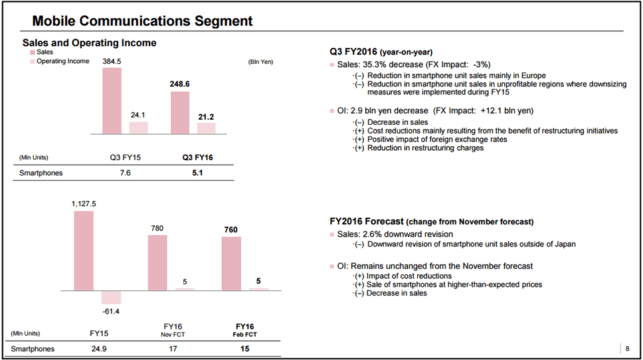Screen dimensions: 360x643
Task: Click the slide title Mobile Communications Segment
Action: [142, 21]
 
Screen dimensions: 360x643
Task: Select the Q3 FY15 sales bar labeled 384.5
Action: [112, 100]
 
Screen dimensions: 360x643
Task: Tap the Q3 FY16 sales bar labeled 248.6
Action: [180, 113]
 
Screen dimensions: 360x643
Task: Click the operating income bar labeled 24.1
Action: [138, 128]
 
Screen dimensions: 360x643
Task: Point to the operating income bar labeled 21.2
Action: [206, 128]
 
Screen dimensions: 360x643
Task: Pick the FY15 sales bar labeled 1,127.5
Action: [84, 250]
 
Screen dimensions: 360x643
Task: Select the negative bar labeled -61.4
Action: [111, 298]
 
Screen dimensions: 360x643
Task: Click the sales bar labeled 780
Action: [157, 262]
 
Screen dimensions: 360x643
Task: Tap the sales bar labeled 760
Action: [231, 263]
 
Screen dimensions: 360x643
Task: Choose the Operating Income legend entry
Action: [62, 62]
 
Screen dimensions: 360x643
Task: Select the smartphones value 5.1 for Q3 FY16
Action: [197, 173]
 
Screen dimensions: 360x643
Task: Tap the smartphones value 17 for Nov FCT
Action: [172, 349]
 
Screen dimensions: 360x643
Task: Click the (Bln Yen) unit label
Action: [260, 62]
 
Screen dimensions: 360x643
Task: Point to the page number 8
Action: [628, 349]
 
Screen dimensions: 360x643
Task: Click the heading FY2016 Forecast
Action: [366, 221]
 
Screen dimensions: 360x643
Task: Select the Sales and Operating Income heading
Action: [90, 43]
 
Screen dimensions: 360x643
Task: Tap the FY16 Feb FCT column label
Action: [245, 330]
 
